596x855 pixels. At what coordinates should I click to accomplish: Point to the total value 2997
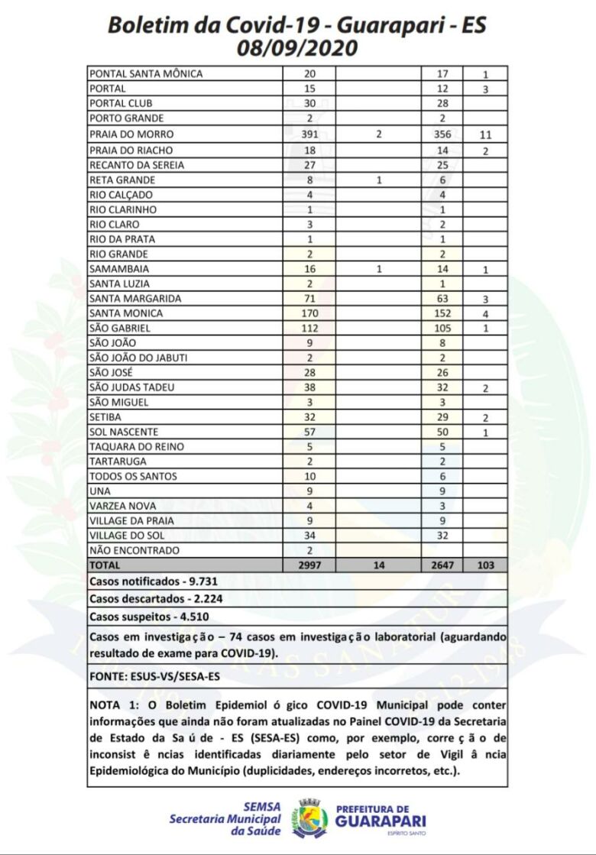(309, 565)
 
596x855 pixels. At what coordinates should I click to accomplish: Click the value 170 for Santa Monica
(309, 313)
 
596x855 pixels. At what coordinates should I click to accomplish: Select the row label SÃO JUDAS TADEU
(131, 387)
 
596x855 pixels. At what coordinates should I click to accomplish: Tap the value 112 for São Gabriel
(309, 329)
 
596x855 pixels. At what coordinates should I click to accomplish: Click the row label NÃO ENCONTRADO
(134, 550)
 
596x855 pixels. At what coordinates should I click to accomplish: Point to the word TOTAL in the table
(105, 565)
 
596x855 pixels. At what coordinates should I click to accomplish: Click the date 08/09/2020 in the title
(297, 48)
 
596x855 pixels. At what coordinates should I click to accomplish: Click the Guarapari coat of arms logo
(309, 818)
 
